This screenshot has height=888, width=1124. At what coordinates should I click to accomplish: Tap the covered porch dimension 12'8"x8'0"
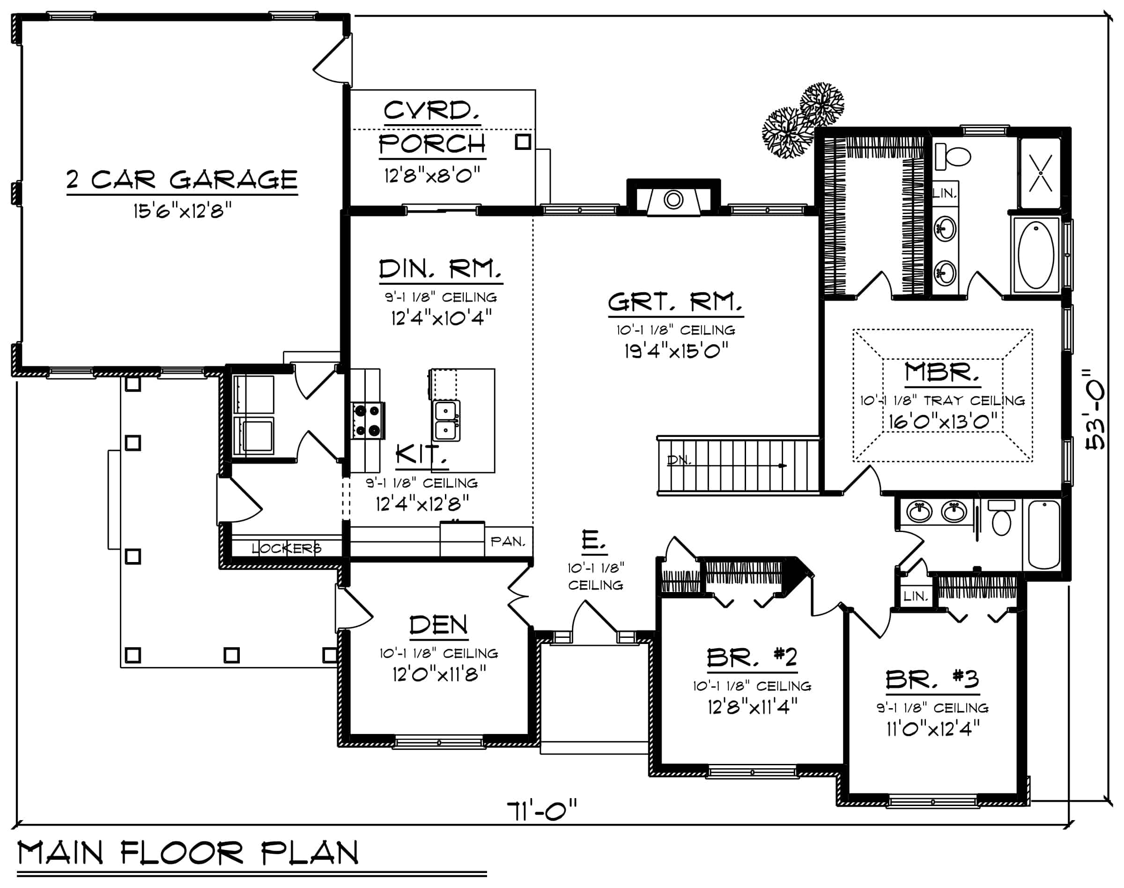(431, 175)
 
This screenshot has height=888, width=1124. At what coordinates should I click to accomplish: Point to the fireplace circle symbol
(673, 200)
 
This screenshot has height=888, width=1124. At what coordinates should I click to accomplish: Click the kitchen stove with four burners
(368, 420)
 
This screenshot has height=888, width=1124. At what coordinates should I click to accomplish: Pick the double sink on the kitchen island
(446, 421)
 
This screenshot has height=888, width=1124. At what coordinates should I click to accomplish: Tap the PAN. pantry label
(508, 541)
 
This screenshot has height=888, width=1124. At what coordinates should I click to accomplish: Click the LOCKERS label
(287, 548)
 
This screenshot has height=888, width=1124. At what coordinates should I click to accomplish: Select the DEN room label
(438, 625)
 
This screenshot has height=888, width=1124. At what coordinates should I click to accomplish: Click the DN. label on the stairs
(679, 459)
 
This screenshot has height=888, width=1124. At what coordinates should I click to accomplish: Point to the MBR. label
(941, 372)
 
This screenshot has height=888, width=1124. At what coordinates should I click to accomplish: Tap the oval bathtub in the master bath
(1035, 255)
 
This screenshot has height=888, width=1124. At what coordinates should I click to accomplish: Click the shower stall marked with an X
(1040, 173)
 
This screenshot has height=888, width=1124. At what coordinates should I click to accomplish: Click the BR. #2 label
(751, 658)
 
